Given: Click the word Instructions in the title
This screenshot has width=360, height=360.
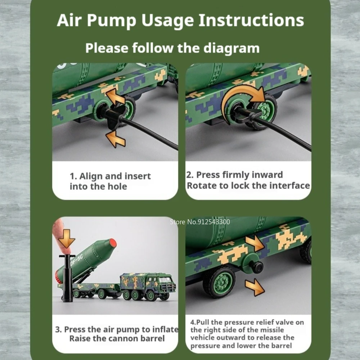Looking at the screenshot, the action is (x=251, y=20).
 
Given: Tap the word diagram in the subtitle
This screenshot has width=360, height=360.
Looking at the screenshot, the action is (x=231, y=49).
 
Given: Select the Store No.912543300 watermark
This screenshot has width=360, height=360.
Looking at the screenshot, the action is (x=200, y=222).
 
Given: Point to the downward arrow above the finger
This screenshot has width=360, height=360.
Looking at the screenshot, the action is (x=67, y=239).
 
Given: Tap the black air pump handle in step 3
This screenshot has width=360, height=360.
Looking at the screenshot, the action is (x=67, y=256).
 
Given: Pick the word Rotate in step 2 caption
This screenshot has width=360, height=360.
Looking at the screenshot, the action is (x=202, y=185).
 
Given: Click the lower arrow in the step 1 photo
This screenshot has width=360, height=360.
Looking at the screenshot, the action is (x=116, y=139).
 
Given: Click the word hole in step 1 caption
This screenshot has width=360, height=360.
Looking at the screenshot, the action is (x=117, y=186).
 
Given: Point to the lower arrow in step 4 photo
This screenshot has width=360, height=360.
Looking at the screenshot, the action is (x=255, y=287).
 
